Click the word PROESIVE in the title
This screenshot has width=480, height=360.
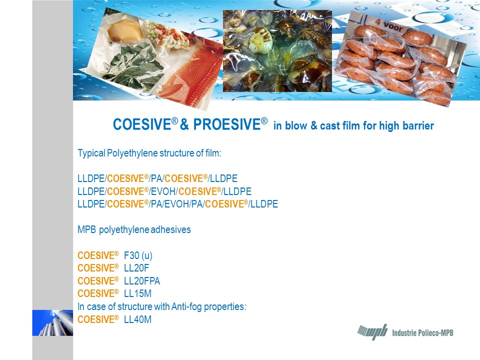[227, 124]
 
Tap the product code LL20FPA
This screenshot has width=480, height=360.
[141, 280]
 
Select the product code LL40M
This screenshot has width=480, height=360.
[137, 319]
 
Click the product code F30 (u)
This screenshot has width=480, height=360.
[138, 255]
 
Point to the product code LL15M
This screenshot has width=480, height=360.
[137, 293]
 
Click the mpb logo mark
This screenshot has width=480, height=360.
[372, 332]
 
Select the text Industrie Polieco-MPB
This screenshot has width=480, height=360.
[422, 332]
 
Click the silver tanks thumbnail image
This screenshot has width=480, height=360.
[52, 323]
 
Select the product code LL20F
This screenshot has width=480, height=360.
[136, 268]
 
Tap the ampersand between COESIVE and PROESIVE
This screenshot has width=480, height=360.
[184, 125]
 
